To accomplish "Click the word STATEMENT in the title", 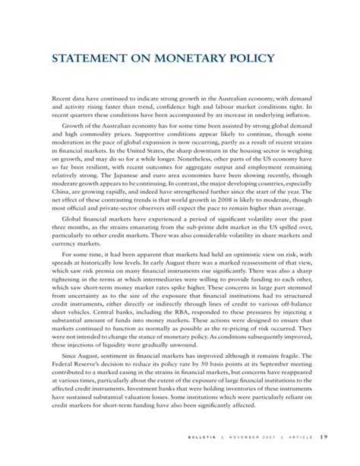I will point(94,59).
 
